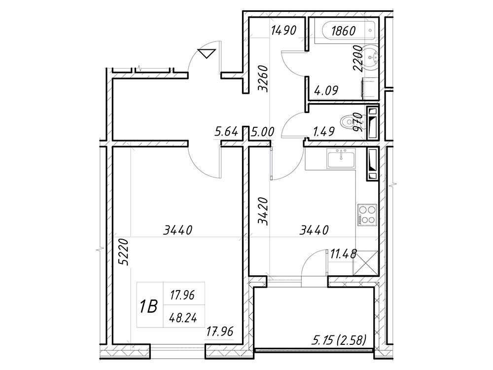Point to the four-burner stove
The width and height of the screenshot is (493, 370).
pos(366,215)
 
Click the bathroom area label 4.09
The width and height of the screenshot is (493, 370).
pos(326,91)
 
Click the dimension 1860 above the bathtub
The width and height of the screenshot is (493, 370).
pos(343,31)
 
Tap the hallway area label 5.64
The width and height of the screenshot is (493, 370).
pos(226,132)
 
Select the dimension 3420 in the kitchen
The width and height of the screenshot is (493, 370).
pos(265,212)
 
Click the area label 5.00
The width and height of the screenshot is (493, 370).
pos(262,132)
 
